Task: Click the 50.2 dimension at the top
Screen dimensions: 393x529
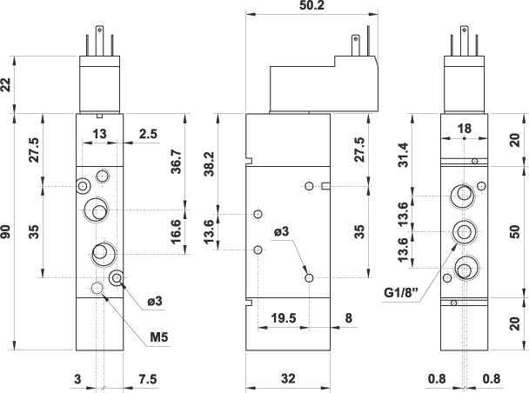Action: point(311,6)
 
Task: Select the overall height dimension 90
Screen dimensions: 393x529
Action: point(8,232)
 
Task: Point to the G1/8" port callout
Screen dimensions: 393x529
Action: point(403,293)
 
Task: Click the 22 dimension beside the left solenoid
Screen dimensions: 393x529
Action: point(8,84)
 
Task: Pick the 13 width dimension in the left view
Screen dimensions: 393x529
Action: point(100,133)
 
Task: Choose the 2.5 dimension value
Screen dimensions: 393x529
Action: point(148,133)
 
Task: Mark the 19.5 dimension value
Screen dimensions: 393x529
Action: point(282,318)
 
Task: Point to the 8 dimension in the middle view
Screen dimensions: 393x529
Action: point(348,318)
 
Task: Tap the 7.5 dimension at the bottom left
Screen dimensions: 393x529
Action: point(148,378)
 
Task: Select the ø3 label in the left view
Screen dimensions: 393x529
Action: point(155,301)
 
